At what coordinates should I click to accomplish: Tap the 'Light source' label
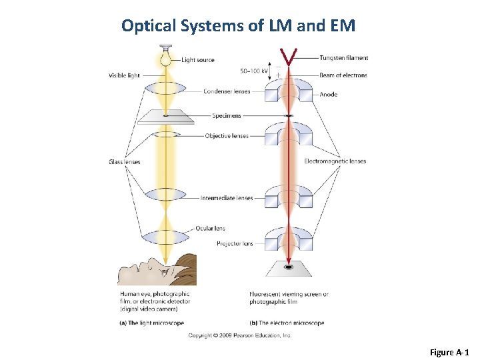point(198,60)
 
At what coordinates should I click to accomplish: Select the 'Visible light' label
point(124,75)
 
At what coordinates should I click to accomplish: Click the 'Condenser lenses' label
point(227,91)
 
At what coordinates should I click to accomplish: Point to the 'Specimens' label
point(227,115)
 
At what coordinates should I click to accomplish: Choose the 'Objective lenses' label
point(227,136)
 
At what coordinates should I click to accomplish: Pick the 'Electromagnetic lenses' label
point(335,161)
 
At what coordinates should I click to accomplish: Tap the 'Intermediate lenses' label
point(227,198)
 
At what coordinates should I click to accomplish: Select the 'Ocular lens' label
point(210,229)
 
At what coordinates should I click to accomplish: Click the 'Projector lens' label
point(235,243)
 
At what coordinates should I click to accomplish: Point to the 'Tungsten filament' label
point(343,58)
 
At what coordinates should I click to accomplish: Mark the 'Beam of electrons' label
point(343,75)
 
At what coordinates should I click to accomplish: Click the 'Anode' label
point(328,95)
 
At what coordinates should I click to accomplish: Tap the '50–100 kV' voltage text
point(254,70)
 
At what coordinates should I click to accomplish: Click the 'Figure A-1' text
point(449,351)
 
